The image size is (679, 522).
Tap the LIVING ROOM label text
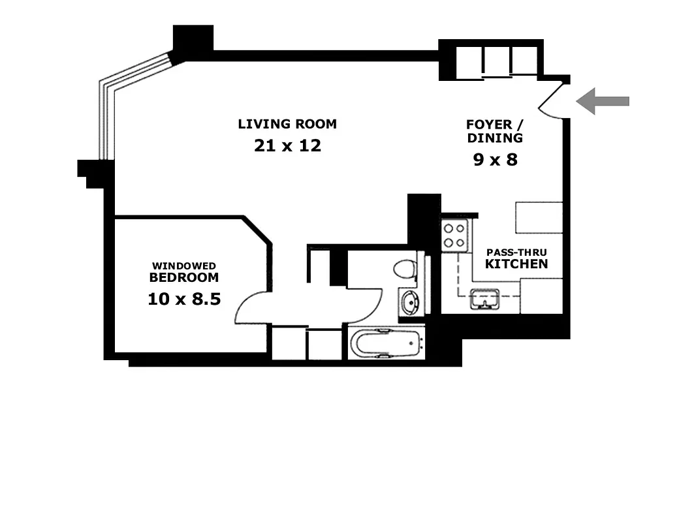pos(287,124)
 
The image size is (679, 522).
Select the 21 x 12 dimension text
pos(287,146)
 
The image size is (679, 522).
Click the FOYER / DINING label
pos(494,131)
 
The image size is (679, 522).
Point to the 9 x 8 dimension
pos(495,159)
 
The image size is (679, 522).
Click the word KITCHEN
pos(516,264)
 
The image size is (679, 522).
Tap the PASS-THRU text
pos(515,252)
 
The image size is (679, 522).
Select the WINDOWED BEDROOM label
pos(184,272)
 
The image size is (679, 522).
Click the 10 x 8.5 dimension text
pos(184,299)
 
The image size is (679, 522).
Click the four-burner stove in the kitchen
pos(454,236)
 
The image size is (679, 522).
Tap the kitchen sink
pos(484,299)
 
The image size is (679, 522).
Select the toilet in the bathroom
pos(406,268)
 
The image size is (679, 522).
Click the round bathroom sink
pos(411,303)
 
